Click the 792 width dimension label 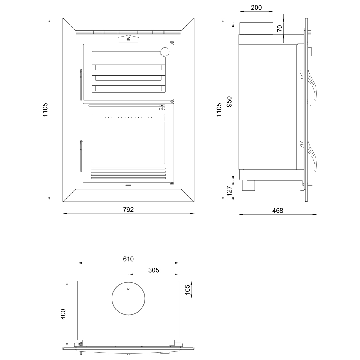pos(128,210)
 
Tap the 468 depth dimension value pos(278,211)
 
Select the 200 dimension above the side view pos(256,7)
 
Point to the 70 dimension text pos(280,28)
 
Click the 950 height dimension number pos(229,102)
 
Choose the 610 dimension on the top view pos(128,259)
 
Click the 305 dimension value pos(154,270)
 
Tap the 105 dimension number pos(188,290)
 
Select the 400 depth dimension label pos(63,314)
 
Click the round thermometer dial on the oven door pos(165,52)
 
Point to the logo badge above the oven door pos(128,39)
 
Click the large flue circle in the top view pos(128,298)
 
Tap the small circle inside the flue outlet pos(128,289)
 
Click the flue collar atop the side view pos(256,28)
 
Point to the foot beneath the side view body pos(249,186)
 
